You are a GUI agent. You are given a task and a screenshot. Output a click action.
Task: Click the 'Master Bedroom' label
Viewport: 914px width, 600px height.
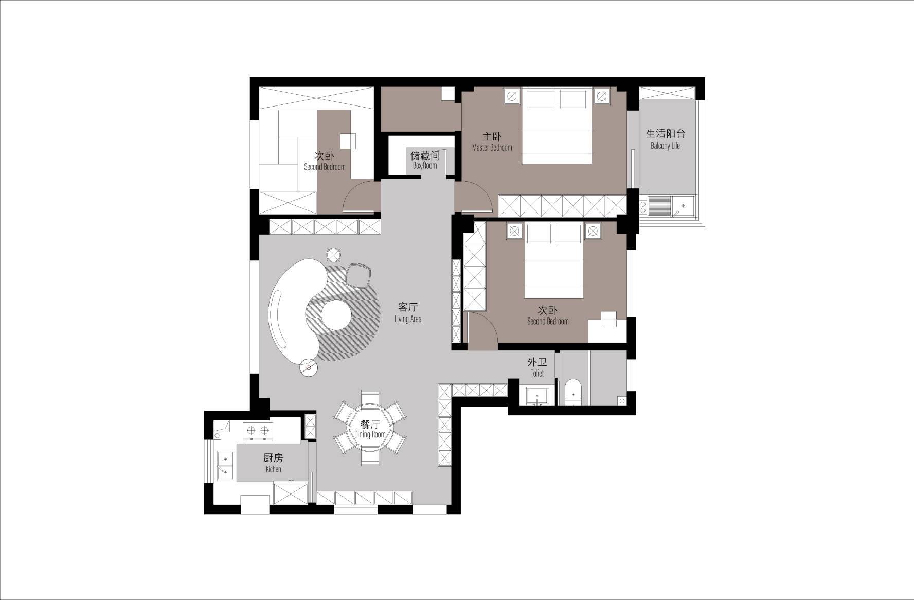click(x=492, y=148)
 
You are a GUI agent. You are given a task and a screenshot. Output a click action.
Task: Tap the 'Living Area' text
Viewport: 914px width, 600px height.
click(x=408, y=319)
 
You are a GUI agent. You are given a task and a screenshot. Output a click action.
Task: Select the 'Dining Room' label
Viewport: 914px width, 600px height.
click(x=370, y=435)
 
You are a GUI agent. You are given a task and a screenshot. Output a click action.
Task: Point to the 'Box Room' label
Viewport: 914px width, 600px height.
click(x=425, y=166)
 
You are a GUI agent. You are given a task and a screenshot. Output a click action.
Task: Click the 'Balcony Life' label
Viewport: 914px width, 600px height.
click(x=665, y=146)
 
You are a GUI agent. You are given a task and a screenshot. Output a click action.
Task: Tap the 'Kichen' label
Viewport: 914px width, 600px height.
click(x=273, y=469)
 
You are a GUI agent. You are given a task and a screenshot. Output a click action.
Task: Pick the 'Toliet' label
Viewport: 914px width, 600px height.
click(x=537, y=374)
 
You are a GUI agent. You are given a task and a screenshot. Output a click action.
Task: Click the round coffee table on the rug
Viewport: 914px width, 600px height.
click(x=337, y=314)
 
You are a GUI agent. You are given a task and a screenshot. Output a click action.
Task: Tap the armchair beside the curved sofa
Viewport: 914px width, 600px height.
click(x=359, y=275)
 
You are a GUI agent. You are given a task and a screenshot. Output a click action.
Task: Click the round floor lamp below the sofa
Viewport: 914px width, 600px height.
click(x=309, y=368)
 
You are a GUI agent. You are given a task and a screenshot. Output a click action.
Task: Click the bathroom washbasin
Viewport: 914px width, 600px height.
click(x=537, y=396)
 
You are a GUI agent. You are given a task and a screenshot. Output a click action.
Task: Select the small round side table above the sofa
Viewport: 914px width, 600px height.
click(x=334, y=255)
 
